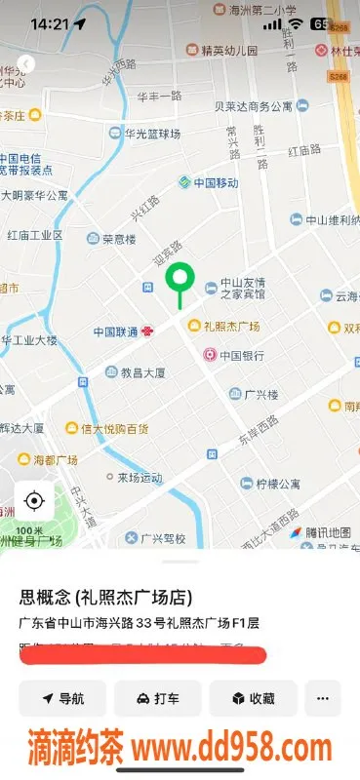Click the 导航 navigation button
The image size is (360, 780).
(x=62, y=698)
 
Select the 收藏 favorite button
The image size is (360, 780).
(x=252, y=698)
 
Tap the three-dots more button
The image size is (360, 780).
(x=323, y=698)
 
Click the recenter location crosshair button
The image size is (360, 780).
(x=34, y=501)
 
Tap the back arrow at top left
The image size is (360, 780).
(x=26, y=64)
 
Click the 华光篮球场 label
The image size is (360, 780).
(x=144, y=134)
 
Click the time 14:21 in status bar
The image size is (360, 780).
(x=49, y=23)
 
